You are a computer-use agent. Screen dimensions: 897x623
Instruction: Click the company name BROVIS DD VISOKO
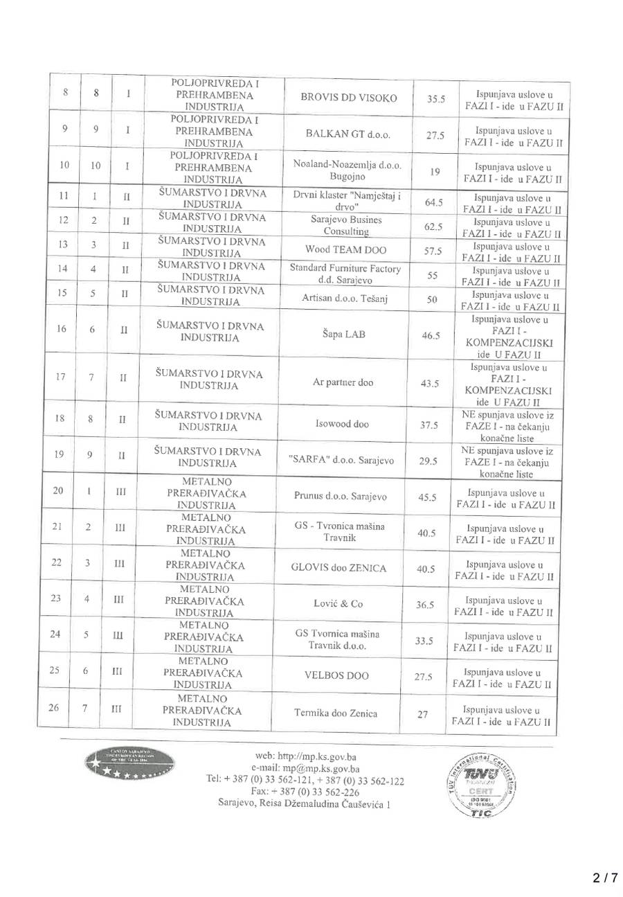click(348, 98)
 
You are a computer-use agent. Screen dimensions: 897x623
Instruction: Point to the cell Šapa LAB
click(348, 334)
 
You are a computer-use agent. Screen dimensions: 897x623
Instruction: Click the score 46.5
click(431, 335)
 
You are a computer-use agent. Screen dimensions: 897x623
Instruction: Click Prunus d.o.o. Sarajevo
click(340, 496)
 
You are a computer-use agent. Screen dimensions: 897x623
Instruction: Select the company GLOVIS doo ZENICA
click(340, 568)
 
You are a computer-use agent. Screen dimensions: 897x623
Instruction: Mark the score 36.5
click(425, 605)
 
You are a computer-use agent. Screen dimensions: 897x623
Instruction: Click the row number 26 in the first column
click(58, 707)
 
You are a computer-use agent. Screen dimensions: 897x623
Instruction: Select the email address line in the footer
click(305, 768)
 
